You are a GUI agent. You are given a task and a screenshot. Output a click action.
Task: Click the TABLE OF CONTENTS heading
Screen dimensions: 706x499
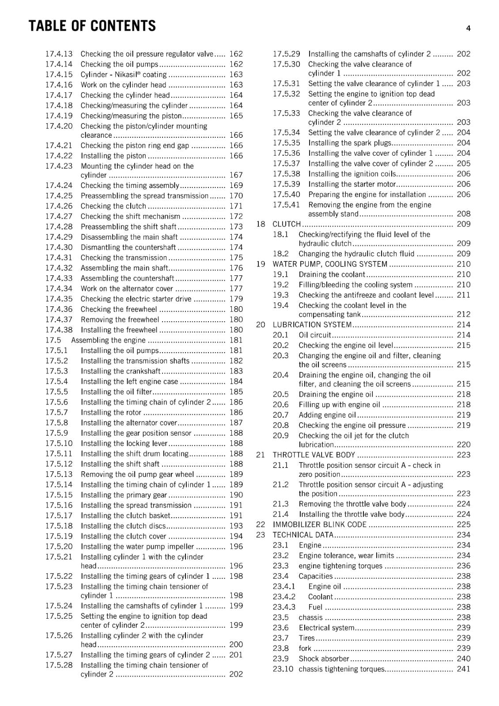[x=92, y=26]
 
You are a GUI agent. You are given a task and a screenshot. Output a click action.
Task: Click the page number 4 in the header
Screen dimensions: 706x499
[x=468, y=28]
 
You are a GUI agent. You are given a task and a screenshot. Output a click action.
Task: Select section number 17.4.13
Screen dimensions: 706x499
[x=59, y=54]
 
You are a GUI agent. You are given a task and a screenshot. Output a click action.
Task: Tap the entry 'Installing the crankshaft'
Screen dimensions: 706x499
[x=120, y=371]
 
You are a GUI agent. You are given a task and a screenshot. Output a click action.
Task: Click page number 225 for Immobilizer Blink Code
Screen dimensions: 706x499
[x=463, y=524]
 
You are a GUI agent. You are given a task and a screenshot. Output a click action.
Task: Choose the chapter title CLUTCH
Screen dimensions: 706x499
[x=287, y=224]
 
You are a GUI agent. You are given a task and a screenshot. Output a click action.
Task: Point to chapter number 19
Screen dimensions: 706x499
[x=261, y=264]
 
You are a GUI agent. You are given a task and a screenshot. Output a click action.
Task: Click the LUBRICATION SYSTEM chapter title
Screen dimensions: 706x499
[x=312, y=325]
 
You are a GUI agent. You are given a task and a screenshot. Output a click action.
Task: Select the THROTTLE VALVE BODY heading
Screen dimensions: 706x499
[x=314, y=455]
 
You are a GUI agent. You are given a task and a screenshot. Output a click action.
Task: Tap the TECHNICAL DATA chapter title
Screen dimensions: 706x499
[x=303, y=535]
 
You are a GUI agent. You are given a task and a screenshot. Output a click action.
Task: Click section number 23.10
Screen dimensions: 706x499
[x=283, y=669]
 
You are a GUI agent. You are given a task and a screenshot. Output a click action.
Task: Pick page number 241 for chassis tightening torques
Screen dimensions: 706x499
[x=463, y=669]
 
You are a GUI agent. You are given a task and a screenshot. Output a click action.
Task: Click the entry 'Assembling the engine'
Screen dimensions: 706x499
[x=108, y=340]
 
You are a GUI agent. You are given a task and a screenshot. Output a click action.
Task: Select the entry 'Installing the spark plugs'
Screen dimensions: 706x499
[x=349, y=143]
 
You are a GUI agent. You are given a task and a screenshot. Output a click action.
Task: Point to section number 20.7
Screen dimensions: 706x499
[x=280, y=415]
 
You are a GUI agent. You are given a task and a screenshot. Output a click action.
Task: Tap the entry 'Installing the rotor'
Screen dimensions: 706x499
[x=111, y=413]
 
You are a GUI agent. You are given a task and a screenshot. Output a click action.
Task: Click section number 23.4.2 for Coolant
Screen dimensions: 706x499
[x=284, y=597]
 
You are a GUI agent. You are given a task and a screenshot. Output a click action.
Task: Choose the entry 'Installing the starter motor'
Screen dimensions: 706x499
[x=352, y=184]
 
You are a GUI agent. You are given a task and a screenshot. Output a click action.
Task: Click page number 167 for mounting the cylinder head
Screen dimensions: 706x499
[x=236, y=175]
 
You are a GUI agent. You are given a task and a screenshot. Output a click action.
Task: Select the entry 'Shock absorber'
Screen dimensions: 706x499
[x=324, y=659]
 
